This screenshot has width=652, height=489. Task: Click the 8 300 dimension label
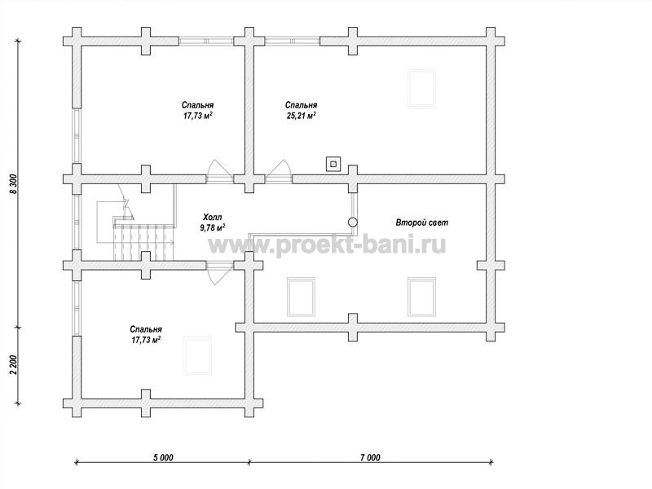point(13,184)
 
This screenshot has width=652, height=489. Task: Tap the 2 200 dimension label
point(13,364)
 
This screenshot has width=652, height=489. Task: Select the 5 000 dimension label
point(163,458)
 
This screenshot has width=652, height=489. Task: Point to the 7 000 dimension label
point(370,458)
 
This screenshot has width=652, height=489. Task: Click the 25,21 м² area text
point(301,116)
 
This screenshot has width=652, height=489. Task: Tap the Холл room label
point(213,217)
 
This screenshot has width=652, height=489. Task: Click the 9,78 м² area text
point(213,227)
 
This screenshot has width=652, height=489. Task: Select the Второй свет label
point(421,222)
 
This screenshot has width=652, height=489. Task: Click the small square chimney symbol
point(333,164)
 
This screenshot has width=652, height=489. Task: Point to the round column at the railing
point(353,222)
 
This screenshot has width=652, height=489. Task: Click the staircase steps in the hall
point(143,242)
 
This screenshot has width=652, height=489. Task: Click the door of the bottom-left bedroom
point(219,273)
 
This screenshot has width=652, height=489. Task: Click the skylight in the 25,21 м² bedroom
point(421,89)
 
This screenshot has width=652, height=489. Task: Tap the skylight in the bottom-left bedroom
point(198,355)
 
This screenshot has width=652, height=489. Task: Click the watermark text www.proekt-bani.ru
point(327,245)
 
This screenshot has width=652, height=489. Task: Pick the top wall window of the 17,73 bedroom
point(207,41)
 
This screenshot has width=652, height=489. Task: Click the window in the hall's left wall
point(77,222)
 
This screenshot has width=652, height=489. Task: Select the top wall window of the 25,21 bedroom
point(293,41)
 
